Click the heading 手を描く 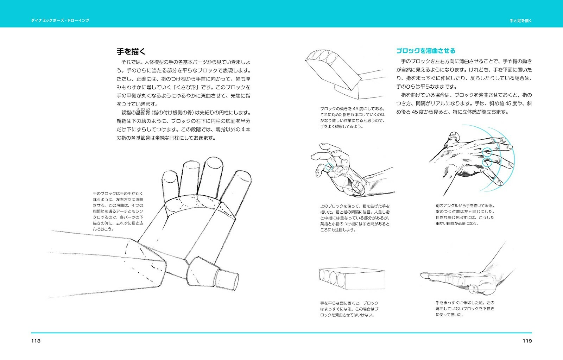pyautogui.click(x=131, y=52)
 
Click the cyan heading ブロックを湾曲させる pyautogui.click(x=425, y=51)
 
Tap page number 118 pyautogui.click(x=36, y=341)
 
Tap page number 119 pyautogui.click(x=527, y=341)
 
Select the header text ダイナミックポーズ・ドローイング pyautogui.click(x=60, y=20)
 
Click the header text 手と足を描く pyautogui.click(x=521, y=21)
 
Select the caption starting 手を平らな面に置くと pyautogui.click(x=349, y=309)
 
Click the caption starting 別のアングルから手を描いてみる pyautogui.click(x=465, y=214)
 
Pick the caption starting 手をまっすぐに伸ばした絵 pyautogui.click(x=465, y=309)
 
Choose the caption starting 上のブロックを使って pyautogui.click(x=355, y=218)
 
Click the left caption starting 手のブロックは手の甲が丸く pyautogui.click(x=118, y=211)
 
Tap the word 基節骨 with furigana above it pyautogui.click(x=143, y=113)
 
